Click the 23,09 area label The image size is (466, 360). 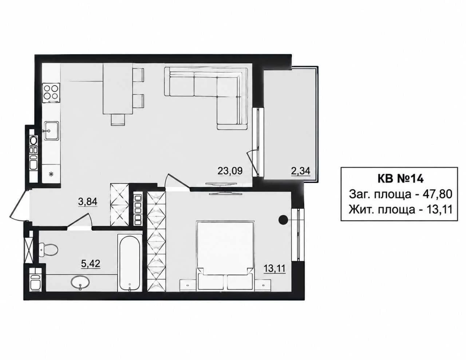tap(230, 171)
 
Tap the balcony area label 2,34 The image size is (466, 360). tap(300, 171)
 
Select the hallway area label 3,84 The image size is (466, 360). tap(88, 201)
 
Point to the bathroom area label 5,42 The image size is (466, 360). tap(91, 264)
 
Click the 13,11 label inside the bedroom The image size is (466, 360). tap(275, 268)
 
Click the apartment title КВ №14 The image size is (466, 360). tap(400, 179)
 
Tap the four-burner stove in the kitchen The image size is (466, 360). tap(51, 93)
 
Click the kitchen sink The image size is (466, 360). tap(51, 131)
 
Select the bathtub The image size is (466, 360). tap(130, 263)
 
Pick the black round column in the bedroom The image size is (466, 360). tap(283, 219)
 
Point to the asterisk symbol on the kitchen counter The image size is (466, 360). tap(51, 175)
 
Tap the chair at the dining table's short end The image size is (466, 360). tap(118, 120)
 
